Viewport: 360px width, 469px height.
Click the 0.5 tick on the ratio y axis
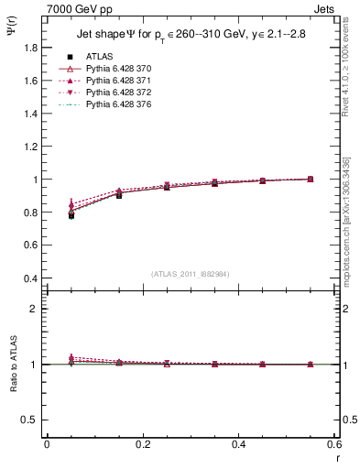pos(29,420)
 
